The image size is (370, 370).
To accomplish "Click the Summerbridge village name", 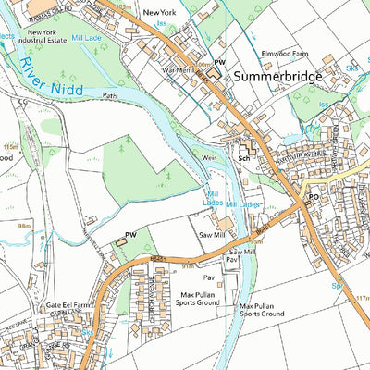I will (277, 76).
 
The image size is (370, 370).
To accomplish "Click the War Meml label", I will (177, 69).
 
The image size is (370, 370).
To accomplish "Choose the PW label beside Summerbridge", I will (220, 62).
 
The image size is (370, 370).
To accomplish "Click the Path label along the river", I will (112, 93).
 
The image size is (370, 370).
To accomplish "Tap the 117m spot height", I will (362, 297).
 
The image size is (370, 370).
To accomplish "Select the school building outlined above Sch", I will (248, 146).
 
